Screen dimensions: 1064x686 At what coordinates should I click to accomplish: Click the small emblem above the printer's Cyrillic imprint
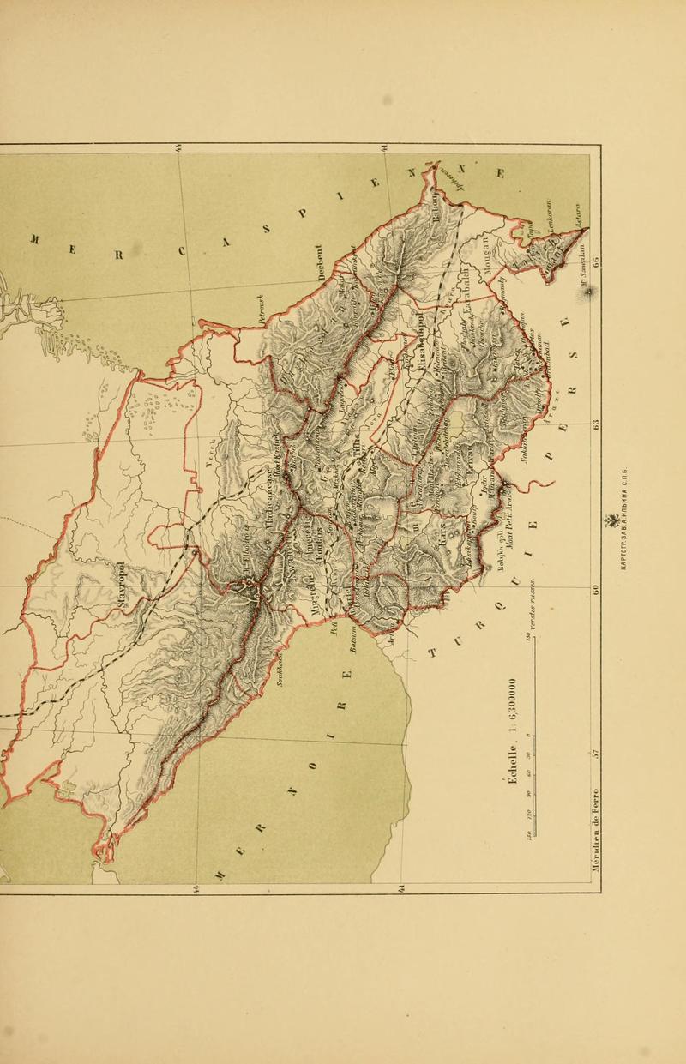[x=613, y=521]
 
